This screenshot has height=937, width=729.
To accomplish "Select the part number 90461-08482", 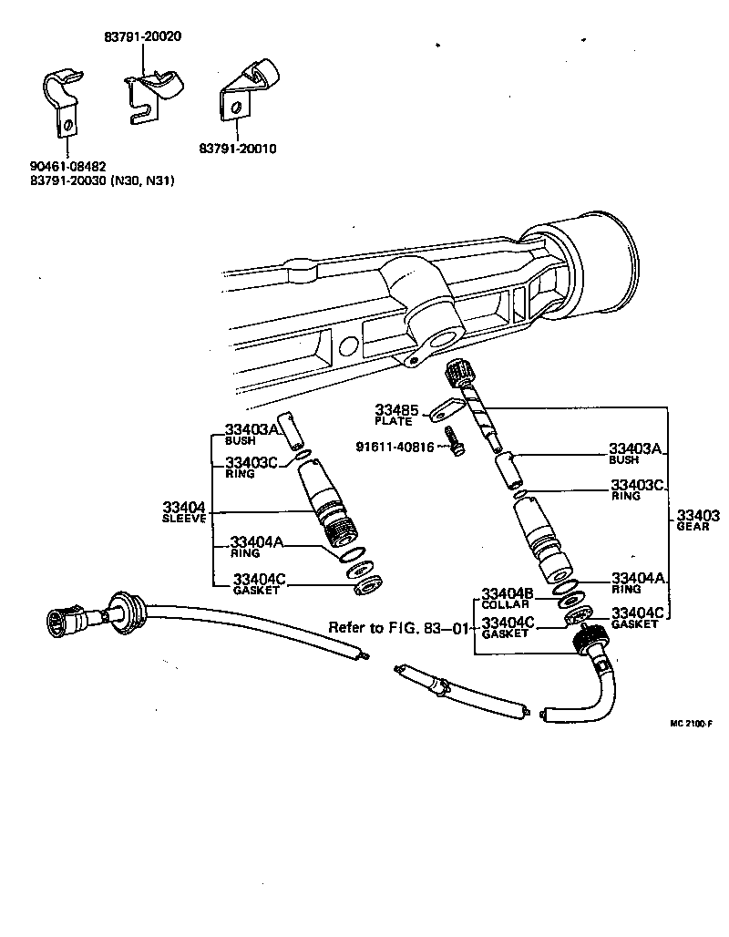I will point(67,167).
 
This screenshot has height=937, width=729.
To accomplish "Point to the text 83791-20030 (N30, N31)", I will point(102,180).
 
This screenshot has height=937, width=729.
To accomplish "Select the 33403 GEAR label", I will point(697,520).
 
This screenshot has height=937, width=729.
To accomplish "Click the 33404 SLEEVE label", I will point(185,511).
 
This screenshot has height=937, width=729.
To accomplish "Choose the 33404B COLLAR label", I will point(506,598).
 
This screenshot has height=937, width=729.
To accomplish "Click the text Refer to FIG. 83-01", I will point(399,628).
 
